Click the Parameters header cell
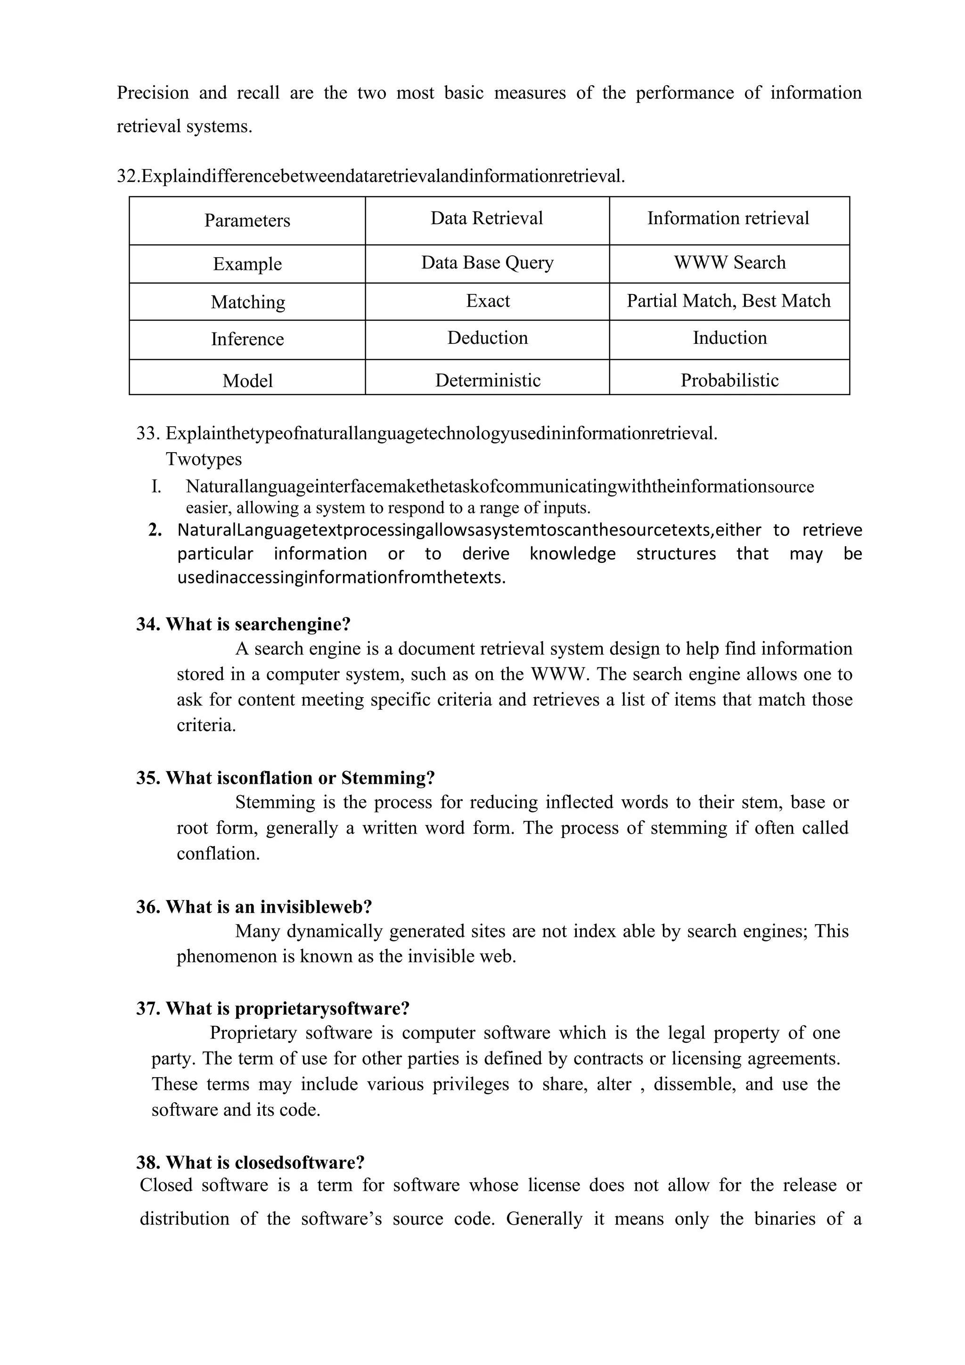[247, 220]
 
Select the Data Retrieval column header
[486, 218]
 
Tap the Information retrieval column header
[728, 218]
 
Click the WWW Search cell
[729, 262]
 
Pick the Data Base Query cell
[487, 262]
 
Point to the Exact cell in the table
[488, 301]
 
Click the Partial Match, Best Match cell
[728, 301]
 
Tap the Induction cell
[729, 338]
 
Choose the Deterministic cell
[488, 381]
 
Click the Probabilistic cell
[729, 381]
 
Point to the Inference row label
[247, 339]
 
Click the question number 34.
[148, 624]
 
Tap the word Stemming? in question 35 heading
[388, 778]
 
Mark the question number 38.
[148, 1163]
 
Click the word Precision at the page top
[152, 93]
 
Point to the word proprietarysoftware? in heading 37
[322, 1009]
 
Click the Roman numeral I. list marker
[156, 487]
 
